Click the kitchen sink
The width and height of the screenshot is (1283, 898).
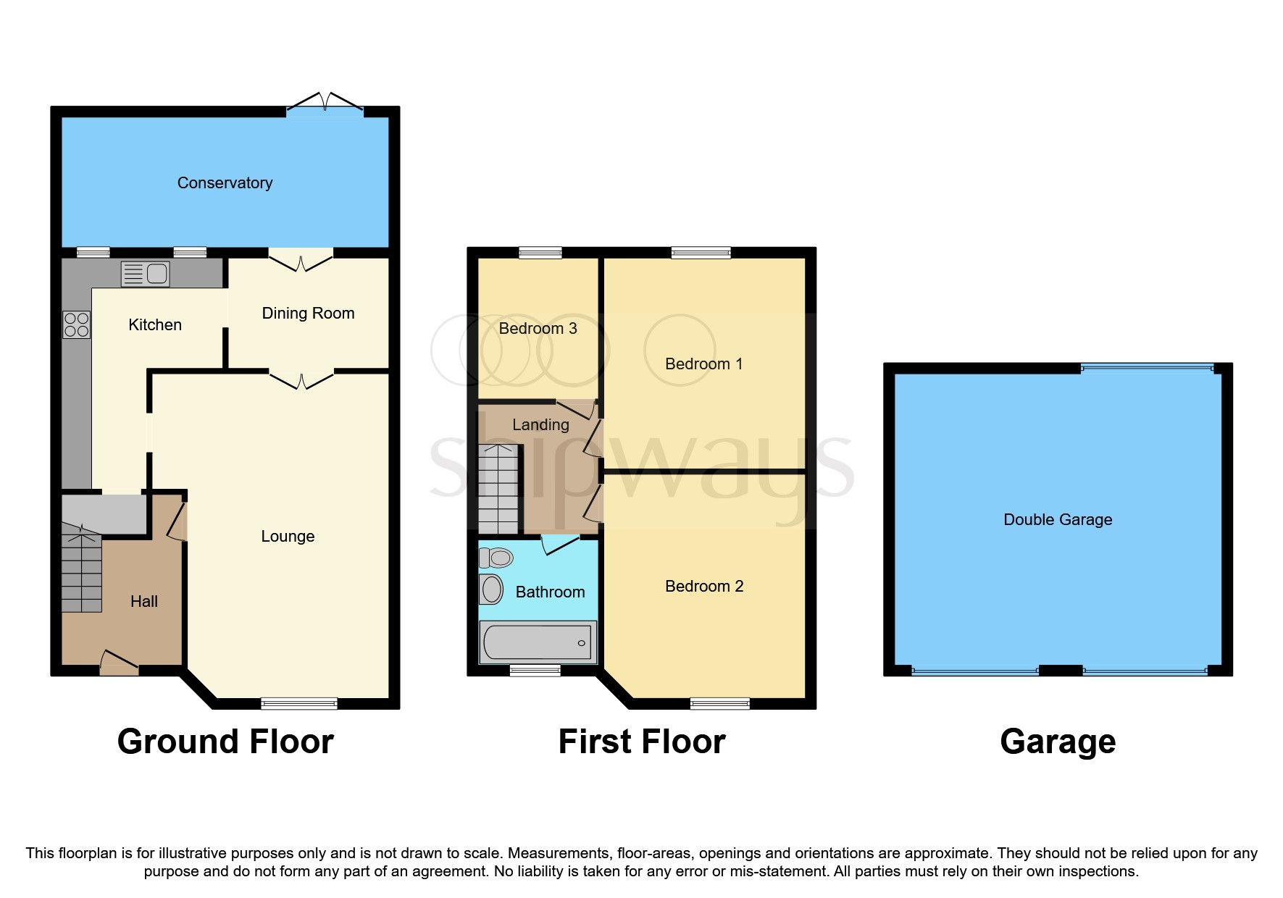[x=145, y=274]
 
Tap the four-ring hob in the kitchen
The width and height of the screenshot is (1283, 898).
[x=76, y=324]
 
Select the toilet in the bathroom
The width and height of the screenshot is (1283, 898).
[x=496, y=558]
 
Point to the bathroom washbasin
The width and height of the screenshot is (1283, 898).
[x=492, y=589]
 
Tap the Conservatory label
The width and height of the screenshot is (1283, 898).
[x=225, y=183]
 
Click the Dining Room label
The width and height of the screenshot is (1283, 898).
[x=308, y=314]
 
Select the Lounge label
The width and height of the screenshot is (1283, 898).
[x=288, y=537]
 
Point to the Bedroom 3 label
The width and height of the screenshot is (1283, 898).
[x=538, y=329]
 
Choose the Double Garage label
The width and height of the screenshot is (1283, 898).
[x=1057, y=520]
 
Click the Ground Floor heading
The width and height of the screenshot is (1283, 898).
[x=225, y=742]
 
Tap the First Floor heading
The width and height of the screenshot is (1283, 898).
[x=641, y=742]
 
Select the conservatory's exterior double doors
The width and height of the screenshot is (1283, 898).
[x=325, y=105]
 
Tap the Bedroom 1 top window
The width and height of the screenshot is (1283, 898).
[x=701, y=253]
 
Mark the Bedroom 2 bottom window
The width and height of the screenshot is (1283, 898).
[x=719, y=703]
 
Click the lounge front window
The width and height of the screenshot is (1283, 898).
[x=298, y=703]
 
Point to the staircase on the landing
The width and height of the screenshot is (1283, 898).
[x=498, y=489]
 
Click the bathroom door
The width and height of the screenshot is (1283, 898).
[x=560, y=544]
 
